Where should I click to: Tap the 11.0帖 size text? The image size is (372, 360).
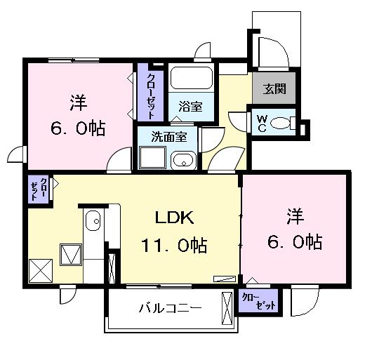click(175, 246)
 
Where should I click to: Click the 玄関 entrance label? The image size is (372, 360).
click(273, 89)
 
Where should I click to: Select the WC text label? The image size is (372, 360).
click(260, 123)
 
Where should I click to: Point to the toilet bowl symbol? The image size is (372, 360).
click(281, 124)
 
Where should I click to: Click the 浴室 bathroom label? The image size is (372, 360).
click(190, 107)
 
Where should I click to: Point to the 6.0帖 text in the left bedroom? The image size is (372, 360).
click(78, 128)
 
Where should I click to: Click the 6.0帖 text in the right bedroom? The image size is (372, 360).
click(295, 242)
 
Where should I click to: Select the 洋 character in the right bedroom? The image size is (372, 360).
click(295, 215)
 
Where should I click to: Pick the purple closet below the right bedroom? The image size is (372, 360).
click(259, 300)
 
